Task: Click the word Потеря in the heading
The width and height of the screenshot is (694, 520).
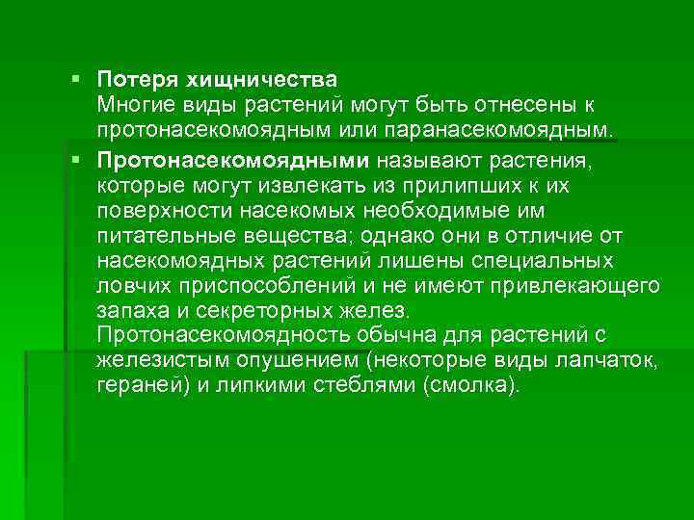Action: click(133, 76)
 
